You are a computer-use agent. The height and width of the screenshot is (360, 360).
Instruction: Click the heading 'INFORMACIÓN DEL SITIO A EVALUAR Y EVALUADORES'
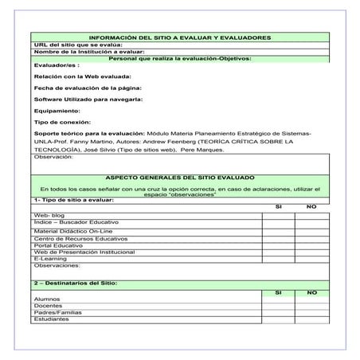pyautogui.click(x=179, y=37)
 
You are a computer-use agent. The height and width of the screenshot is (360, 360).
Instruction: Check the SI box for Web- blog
pyautogui.click(x=278, y=215)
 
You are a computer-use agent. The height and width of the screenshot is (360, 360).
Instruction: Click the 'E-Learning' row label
pyautogui.click(x=49, y=258)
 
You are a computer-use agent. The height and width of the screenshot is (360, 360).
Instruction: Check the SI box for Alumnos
pyautogui.click(x=278, y=299)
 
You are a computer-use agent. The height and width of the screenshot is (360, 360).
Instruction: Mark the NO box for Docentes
pyautogui.click(x=311, y=306)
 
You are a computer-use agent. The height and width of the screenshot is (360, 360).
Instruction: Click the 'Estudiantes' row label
pyautogui.click(x=51, y=319)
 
